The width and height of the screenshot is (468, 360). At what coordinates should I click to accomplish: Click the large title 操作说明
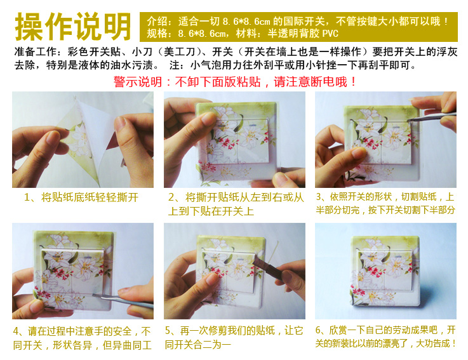coord(73,27)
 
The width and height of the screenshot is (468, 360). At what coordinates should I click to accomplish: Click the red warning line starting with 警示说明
coord(235,82)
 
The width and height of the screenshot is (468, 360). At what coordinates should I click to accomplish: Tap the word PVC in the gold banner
coord(330,34)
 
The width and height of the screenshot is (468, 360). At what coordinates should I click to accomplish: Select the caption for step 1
coord(81,197)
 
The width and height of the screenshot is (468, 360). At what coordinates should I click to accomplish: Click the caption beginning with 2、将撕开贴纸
coord(236,204)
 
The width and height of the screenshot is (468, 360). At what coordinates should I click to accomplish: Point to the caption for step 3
coord(385,203)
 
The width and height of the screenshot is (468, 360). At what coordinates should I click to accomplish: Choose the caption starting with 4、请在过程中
coord(82,338)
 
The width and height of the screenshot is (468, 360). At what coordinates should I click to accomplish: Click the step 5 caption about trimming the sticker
coord(234,338)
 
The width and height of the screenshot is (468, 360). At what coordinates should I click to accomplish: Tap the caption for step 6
coord(385,337)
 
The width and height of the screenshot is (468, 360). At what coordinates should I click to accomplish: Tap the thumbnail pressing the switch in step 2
coord(208,119)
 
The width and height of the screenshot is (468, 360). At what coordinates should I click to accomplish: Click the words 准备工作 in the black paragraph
coord(36,52)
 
